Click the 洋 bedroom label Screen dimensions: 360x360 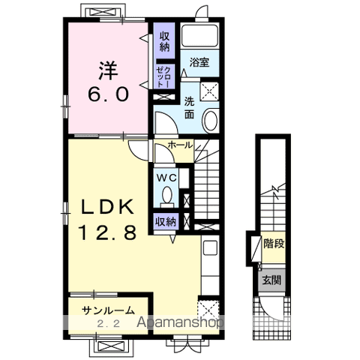pyautogui.click(x=108, y=70)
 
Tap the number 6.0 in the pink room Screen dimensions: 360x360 pyautogui.click(x=108, y=94)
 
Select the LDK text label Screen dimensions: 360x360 pyautogui.click(x=108, y=207)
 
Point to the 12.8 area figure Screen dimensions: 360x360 pyautogui.click(x=108, y=232)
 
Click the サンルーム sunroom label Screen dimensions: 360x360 pyautogui.click(x=108, y=310)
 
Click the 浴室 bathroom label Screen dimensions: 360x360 pyautogui.click(x=199, y=62)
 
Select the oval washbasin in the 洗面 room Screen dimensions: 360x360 pyautogui.click(x=211, y=120)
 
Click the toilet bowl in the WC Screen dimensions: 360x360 pyautogui.click(x=167, y=195)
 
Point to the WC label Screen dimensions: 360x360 pyautogui.click(x=166, y=178)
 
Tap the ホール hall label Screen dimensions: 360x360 pyautogui.click(x=180, y=145)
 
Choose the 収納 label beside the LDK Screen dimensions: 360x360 pyautogui.click(x=166, y=221)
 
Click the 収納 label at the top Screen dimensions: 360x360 pyautogui.click(x=164, y=42)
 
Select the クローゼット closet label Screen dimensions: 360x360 pyautogui.click(x=163, y=76)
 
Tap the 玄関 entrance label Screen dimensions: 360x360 pyautogui.click(x=271, y=280)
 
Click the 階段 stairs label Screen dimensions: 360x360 pyautogui.click(x=274, y=244)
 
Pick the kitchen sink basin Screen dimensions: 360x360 pyautogui.click(x=210, y=247)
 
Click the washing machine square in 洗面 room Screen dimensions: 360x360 pyautogui.click(x=209, y=91)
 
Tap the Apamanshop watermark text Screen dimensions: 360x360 pyautogui.click(x=180, y=322)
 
